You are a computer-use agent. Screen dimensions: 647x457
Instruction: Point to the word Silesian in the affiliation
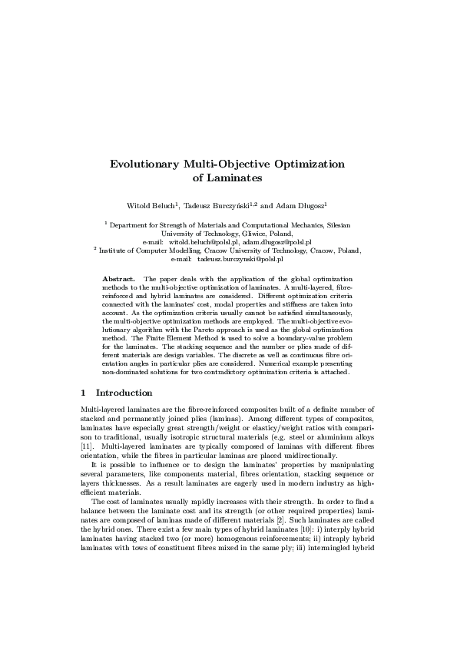click(333, 224)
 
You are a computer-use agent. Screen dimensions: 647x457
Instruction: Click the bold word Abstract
click(119, 277)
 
